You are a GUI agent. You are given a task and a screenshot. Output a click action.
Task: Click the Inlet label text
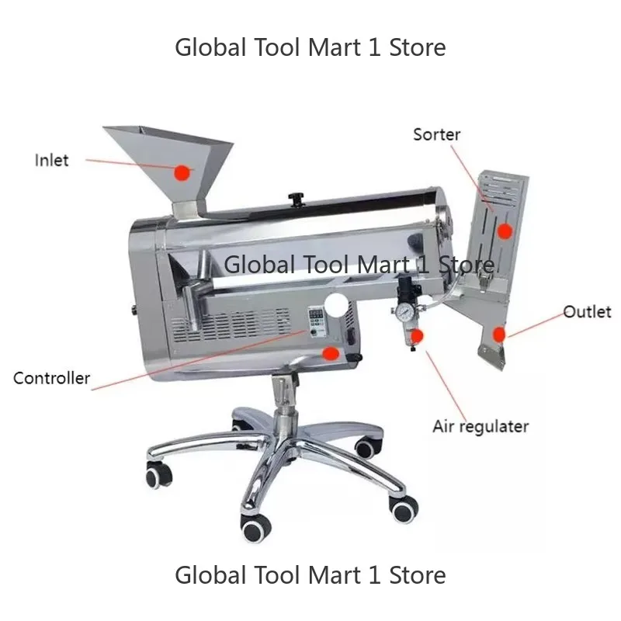[51, 161]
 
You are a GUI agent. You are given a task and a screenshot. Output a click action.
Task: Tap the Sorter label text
[436, 134]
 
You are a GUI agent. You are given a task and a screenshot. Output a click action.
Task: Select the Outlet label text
[588, 312]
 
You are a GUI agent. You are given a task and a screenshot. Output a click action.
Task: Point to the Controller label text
[51, 378]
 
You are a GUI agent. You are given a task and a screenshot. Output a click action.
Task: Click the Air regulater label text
[480, 426]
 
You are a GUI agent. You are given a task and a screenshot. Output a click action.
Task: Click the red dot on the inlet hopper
[182, 172]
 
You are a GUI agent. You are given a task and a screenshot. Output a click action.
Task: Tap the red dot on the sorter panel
[505, 231]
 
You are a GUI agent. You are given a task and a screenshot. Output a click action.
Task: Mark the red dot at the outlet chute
[499, 335]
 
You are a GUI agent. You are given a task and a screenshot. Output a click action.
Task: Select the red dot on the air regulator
[417, 336]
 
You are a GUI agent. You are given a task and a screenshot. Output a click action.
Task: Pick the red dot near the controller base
[331, 353]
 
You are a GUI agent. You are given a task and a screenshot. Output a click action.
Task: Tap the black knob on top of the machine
[295, 199]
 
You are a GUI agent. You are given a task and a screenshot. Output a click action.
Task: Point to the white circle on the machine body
[336, 304]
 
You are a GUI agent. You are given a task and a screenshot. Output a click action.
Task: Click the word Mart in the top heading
[335, 47]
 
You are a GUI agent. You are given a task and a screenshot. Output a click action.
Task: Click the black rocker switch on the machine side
[351, 337]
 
